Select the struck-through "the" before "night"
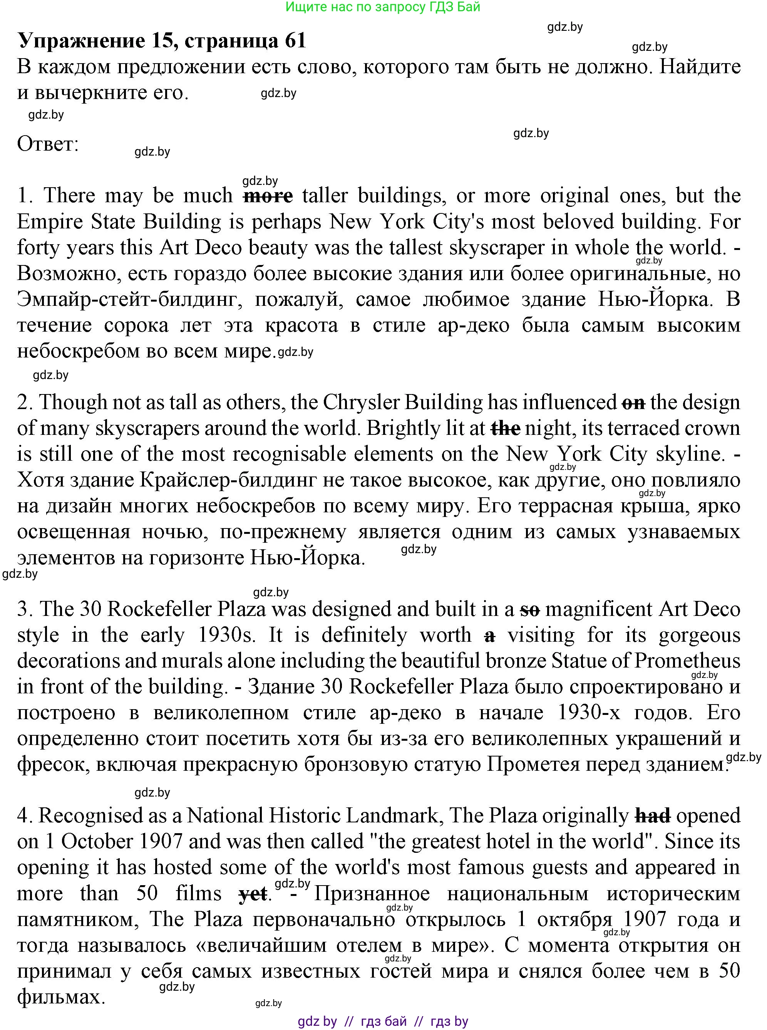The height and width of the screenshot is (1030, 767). (x=506, y=429)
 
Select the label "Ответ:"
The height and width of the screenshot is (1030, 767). (x=48, y=144)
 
